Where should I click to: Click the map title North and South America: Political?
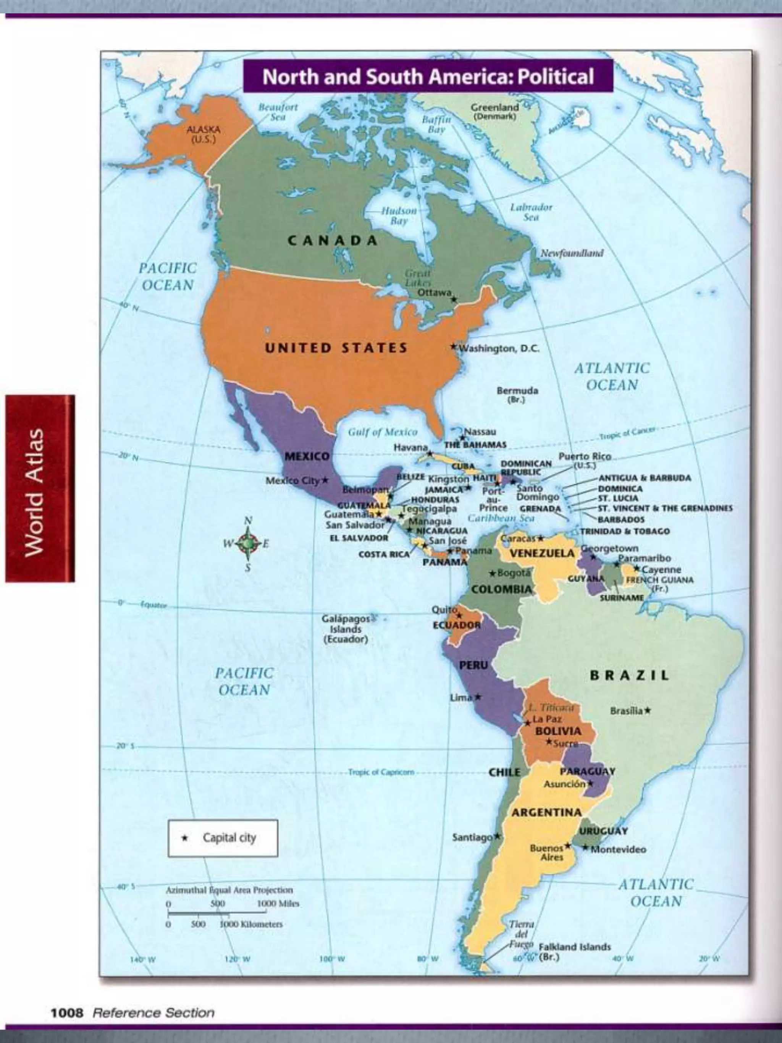(428, 76)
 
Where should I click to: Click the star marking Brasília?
(648, 710)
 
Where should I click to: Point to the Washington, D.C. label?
(499, 348)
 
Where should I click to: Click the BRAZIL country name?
(629, 675)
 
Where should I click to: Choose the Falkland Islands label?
(574, 947)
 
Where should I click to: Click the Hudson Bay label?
(399, 215)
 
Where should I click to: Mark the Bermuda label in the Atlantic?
(517, 394)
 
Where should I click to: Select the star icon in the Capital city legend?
(185, 838)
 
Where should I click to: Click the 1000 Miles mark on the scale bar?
(278, 904)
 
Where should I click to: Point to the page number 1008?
(66, 1012)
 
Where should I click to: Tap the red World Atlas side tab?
(40, 488)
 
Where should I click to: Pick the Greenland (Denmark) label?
(494, 111)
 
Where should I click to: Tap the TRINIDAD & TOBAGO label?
(625, 531)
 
